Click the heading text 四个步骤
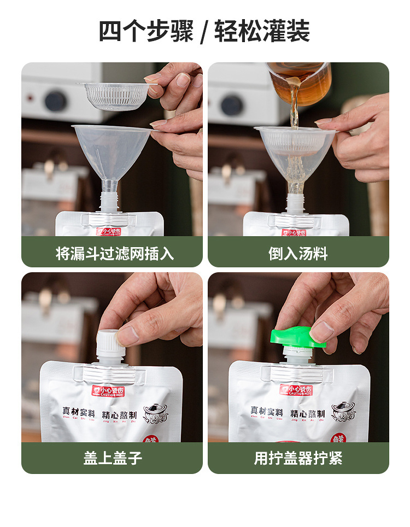click(146, 31)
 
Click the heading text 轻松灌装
click(262, 31)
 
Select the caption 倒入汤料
click(298, 253)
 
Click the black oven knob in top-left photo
click(55, 101)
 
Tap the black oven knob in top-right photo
click(232, 104)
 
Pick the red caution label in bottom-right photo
click(297, 390)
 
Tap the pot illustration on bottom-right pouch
click(343, 412)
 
